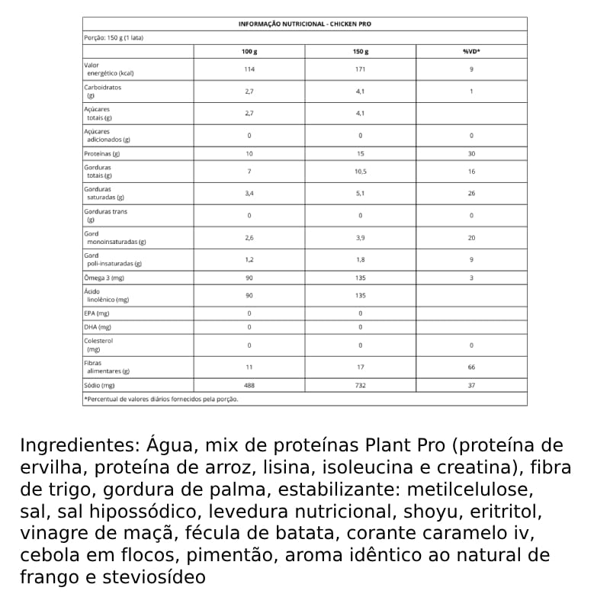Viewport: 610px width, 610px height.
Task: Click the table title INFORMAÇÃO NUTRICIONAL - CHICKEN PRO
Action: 305,24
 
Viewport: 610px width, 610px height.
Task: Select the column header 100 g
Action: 249,51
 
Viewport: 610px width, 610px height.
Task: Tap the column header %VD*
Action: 471,51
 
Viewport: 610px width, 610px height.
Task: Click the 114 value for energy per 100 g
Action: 249,69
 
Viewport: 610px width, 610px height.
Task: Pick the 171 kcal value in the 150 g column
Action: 360,69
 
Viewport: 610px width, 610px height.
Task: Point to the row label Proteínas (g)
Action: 102,153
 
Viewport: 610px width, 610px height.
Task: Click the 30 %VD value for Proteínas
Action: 471,153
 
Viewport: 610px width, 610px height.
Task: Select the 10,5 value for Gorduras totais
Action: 360,172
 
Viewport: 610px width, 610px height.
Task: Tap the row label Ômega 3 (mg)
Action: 104,278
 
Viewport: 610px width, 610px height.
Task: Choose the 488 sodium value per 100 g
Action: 249,386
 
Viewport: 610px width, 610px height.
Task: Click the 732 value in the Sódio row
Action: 360,386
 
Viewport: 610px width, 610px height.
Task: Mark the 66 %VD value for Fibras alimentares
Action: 471,368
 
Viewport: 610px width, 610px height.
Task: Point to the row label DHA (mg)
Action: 98,327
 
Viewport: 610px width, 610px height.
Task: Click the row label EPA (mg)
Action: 97,313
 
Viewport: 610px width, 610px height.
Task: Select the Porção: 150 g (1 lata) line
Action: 116,37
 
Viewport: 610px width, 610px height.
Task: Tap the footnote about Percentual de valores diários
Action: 161,399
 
